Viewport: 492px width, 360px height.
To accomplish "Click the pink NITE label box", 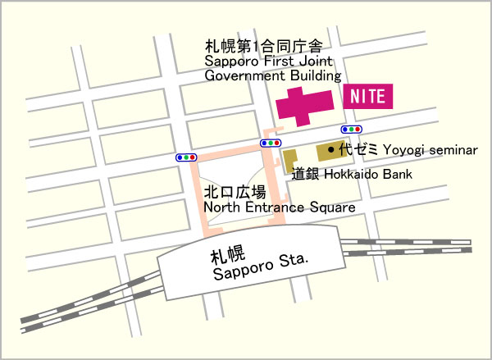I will [368, 96].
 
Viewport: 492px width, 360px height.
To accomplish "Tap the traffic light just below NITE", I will [352, 130].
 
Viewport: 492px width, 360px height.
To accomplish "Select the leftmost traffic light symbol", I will [186, 157].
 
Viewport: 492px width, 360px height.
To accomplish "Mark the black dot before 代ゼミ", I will [330, 150].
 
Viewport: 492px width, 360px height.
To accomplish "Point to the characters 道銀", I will [306, 174].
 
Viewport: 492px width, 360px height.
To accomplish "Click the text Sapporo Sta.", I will [259, 267].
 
